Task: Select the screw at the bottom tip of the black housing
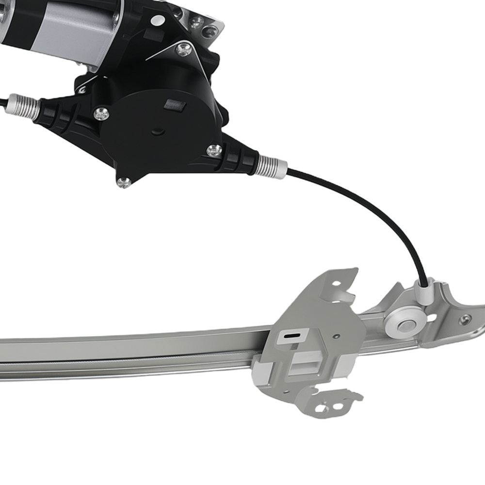(124, 182)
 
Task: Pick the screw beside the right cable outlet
(214, 150)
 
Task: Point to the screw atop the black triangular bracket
(183, 49)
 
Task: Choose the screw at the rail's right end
(465, 319)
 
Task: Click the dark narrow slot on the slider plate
(291, 335)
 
